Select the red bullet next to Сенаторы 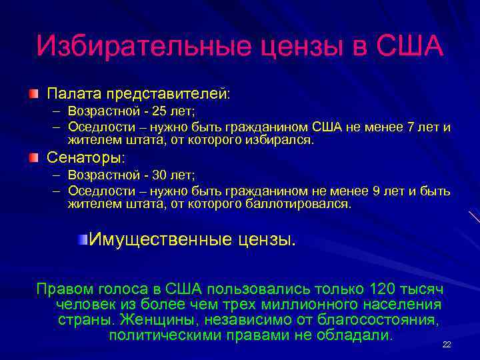tap(34, 157)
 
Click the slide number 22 tap(447, 344)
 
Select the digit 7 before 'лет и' tap(410, 127)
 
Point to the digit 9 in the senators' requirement tap(377, 191)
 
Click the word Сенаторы tap(85, 158)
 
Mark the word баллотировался tap(299, 204)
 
